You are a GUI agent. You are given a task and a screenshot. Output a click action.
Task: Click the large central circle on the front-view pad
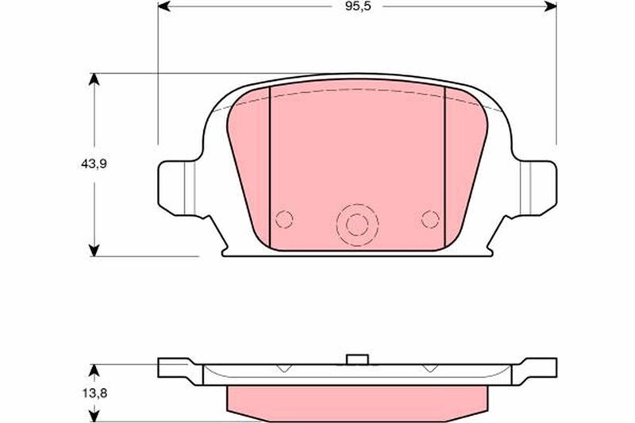[x=357, y=225]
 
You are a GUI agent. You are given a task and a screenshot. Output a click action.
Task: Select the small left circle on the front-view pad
[x=284, y=219]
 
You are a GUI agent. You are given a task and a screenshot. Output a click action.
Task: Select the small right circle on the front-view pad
[x=430, y=219]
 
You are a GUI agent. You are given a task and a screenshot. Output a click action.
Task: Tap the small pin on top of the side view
[x=357, y=359]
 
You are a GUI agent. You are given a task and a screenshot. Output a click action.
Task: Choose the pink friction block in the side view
[x=357, y=400]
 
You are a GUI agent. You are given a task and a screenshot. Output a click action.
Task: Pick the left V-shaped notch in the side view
[x=283, y=367]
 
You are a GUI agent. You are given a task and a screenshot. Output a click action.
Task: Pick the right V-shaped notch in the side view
[x=430, y=367]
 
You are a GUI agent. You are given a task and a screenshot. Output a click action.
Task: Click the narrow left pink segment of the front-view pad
[x=250, y=175]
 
